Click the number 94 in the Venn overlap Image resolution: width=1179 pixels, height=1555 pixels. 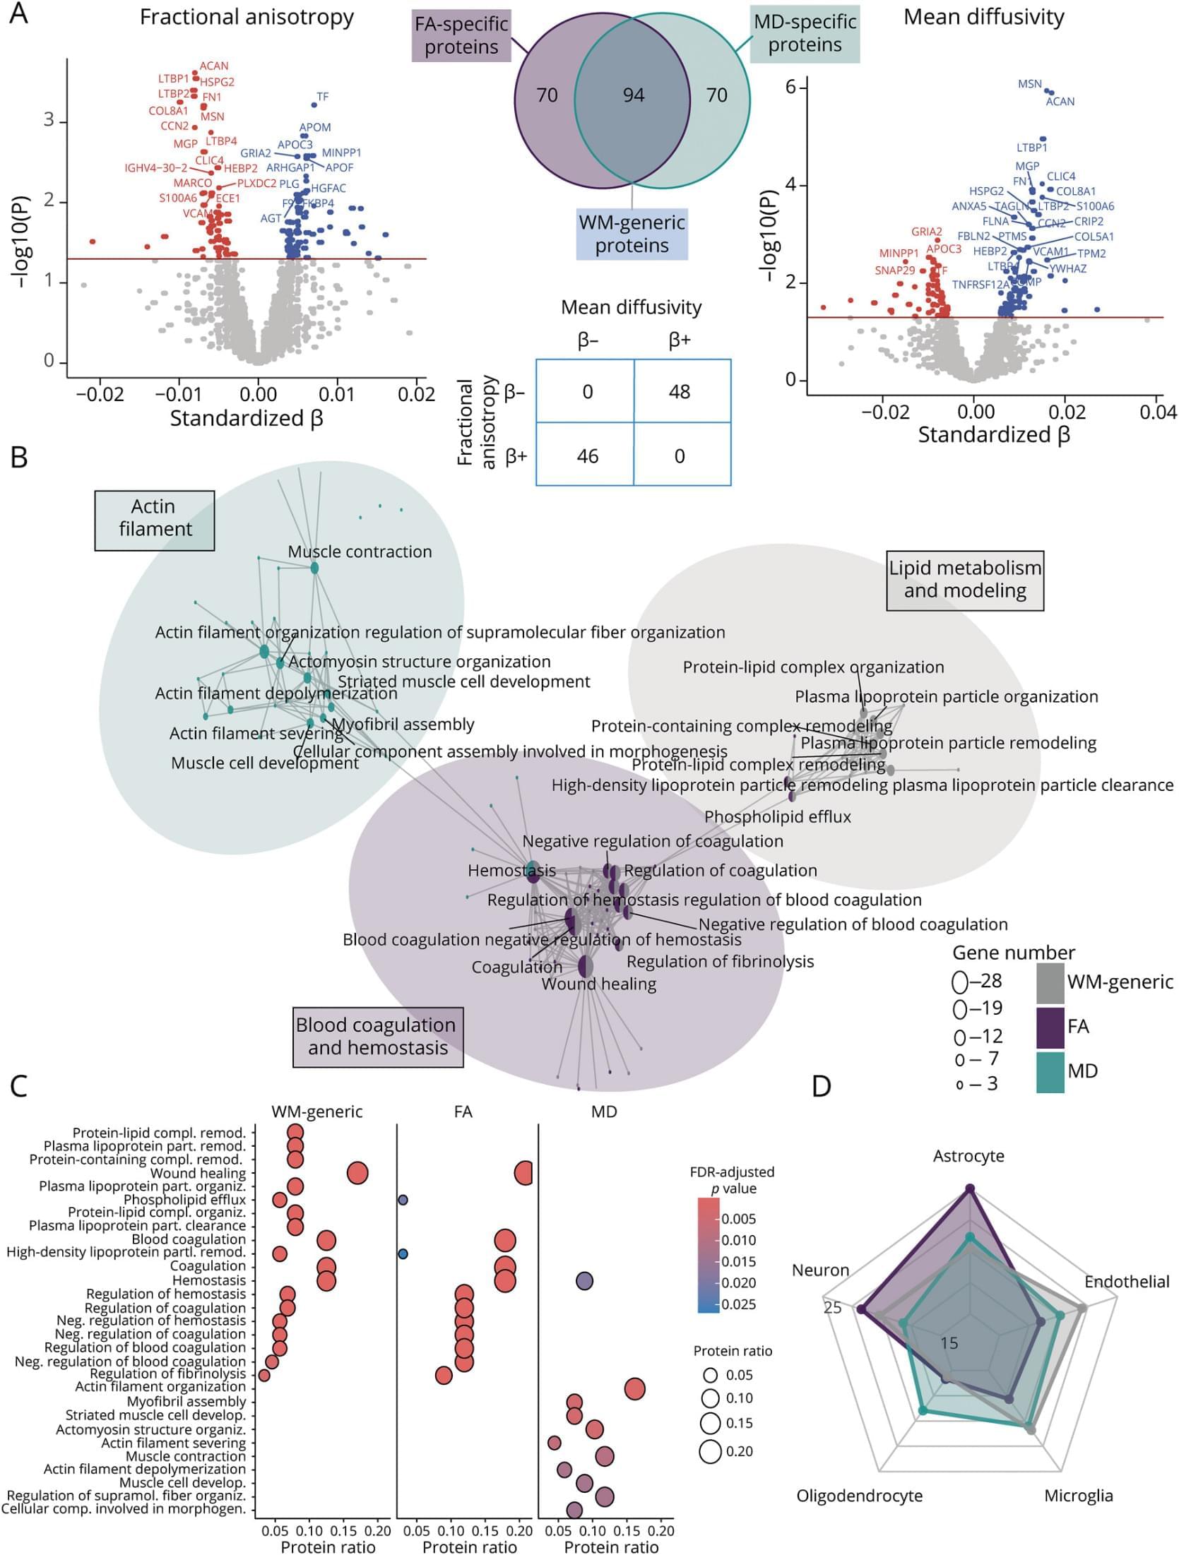point(633,95)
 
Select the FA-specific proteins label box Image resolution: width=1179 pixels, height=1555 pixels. point(461,35)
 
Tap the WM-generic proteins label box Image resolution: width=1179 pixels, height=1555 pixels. point(632,234)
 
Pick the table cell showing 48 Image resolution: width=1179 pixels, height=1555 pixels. point(680,392)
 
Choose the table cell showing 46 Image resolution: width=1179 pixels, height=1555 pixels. point(587,456)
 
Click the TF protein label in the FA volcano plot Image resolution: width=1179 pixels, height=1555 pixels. point(323,97)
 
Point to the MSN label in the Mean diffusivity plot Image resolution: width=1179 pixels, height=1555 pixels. point(1029,84)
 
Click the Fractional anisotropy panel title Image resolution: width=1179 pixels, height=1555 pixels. point(247,18)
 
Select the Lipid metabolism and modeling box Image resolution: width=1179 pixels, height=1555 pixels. point(965,579)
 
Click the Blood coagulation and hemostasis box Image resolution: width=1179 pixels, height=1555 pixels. point(377,1036)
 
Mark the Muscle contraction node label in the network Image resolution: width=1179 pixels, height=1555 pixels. point(360,552)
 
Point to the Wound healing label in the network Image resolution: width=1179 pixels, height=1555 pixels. point(598,984)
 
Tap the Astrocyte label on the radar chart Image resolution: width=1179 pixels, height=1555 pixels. point(968,1156)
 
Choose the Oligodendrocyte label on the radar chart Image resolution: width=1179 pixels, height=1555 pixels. point(859,1496)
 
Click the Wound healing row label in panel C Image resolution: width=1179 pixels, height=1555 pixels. point(198,1174)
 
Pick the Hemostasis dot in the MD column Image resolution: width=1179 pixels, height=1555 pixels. point(584,1280)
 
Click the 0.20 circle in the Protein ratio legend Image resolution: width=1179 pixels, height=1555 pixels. point(711,1451)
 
